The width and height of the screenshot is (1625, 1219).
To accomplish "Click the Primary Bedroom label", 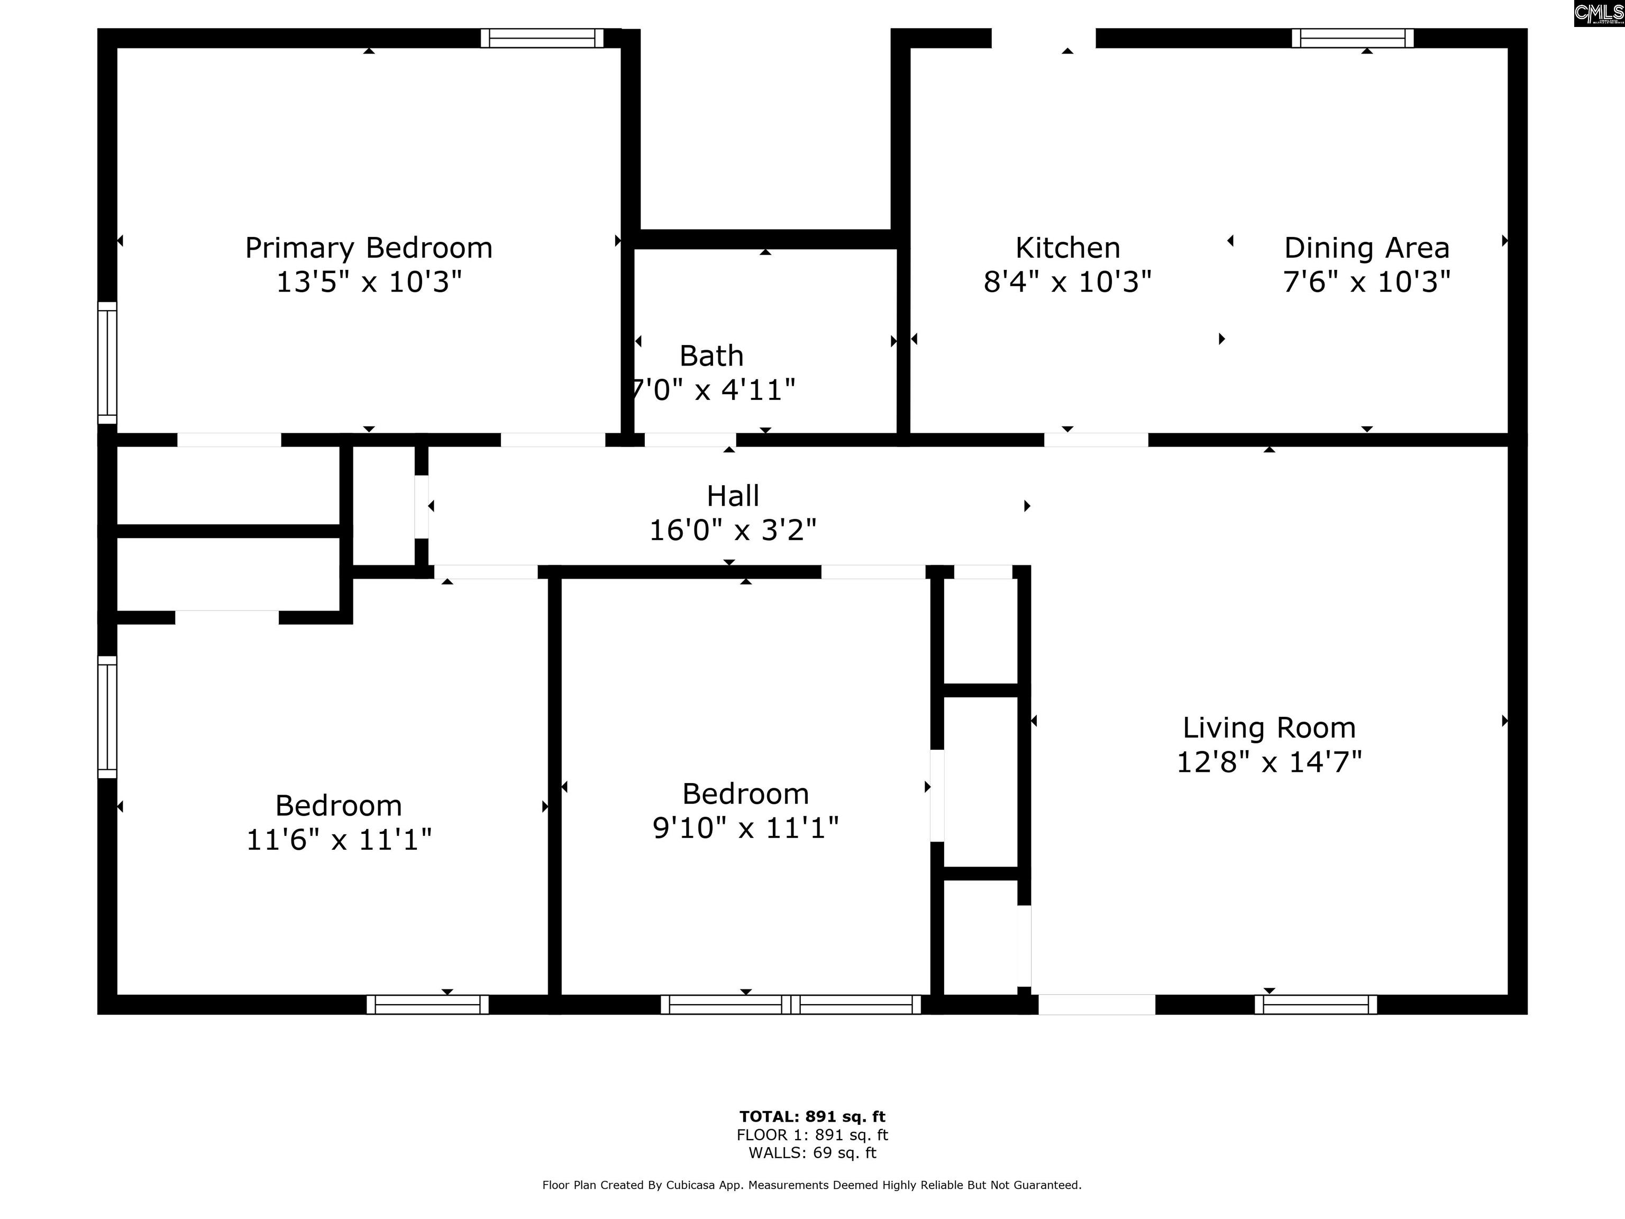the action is [x=369, y=248].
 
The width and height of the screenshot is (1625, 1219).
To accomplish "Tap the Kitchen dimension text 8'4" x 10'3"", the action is [x=1067, y=281].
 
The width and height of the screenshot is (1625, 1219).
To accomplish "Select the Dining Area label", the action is [x=1366, y=248].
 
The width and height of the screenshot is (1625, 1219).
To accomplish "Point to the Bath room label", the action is [x=711, y=357].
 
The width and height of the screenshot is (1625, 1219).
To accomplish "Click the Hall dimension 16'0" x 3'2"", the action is [x=733, y=530].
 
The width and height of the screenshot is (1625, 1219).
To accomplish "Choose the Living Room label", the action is [x=1268, y=728].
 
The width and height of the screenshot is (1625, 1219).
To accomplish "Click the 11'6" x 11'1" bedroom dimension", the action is [x=339, y=839].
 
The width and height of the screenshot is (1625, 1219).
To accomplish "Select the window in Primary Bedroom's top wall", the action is [x=542, y=38].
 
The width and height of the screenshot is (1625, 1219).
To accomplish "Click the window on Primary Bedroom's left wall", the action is [x=107, y=363].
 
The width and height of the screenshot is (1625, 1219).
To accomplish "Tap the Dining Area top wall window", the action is [x=1353, y=38].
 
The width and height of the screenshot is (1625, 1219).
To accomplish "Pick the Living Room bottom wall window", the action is [x=1316, y=1004].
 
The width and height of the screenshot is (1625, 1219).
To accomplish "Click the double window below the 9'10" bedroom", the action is [x=790, y=1004].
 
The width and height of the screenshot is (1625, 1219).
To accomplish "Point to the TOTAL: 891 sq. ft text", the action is [x=812, y=1117].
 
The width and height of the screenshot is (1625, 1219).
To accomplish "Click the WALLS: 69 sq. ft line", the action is [x=812, y=1152].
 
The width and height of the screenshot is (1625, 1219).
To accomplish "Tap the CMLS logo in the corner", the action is [x=1599, y=13].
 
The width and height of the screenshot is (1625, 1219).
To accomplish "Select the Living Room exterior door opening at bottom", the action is [x=1096, y=1004].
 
